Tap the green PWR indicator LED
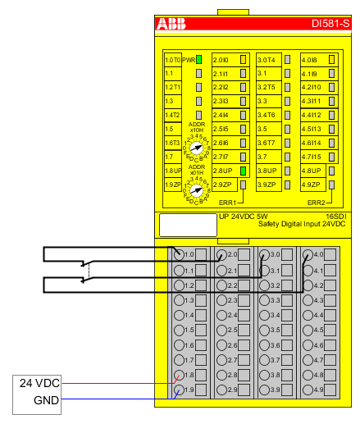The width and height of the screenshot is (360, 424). coord(198,60)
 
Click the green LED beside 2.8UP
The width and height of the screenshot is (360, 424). coord(243,171)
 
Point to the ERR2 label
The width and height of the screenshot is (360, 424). coord(317,202)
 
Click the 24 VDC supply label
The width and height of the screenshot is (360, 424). coord(38,383)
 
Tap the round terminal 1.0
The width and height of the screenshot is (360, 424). coord(178,255)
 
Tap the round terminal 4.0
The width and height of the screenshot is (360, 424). coord(308,255)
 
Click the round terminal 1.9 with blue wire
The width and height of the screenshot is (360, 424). coord(178,388)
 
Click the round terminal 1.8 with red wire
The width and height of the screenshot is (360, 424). coord(178,373)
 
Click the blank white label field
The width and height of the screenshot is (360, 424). coord(181,225)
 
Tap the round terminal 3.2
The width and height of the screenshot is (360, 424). coord(265,285)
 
